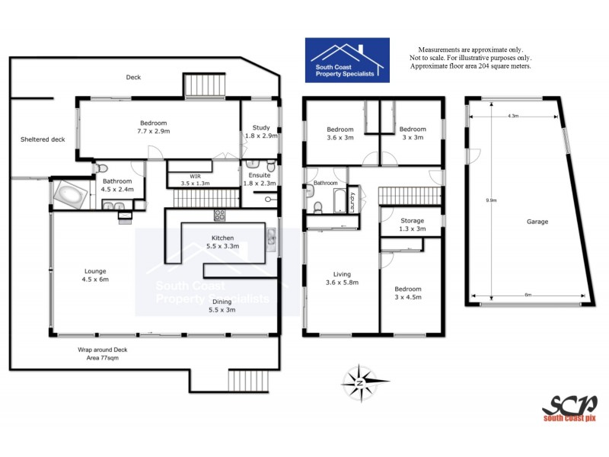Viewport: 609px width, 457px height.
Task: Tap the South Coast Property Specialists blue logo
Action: [x=347, y=60]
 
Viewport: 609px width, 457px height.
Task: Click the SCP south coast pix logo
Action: [x=569, y=407]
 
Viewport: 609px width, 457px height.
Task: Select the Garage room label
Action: [x=537, y=222]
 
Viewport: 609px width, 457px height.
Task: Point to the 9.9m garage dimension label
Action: [x=491, y=200]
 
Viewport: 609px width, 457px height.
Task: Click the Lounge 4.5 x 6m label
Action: [x=95, y=275]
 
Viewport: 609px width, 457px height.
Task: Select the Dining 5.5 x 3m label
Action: [x=222, y=305]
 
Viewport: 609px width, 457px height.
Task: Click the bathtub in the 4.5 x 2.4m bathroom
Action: [x=69, y=194]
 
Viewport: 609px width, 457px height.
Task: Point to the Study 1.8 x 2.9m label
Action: [x=260, y=131]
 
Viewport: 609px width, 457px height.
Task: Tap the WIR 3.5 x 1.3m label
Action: [x=194, y=179]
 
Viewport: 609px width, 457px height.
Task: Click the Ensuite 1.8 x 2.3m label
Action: [x=260, y=179]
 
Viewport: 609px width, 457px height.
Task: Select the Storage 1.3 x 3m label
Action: [x=412, y=225]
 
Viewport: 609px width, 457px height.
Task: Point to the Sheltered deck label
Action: [x=43, y=139]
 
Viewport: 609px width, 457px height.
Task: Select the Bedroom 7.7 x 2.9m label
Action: [x=152, y=127]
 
